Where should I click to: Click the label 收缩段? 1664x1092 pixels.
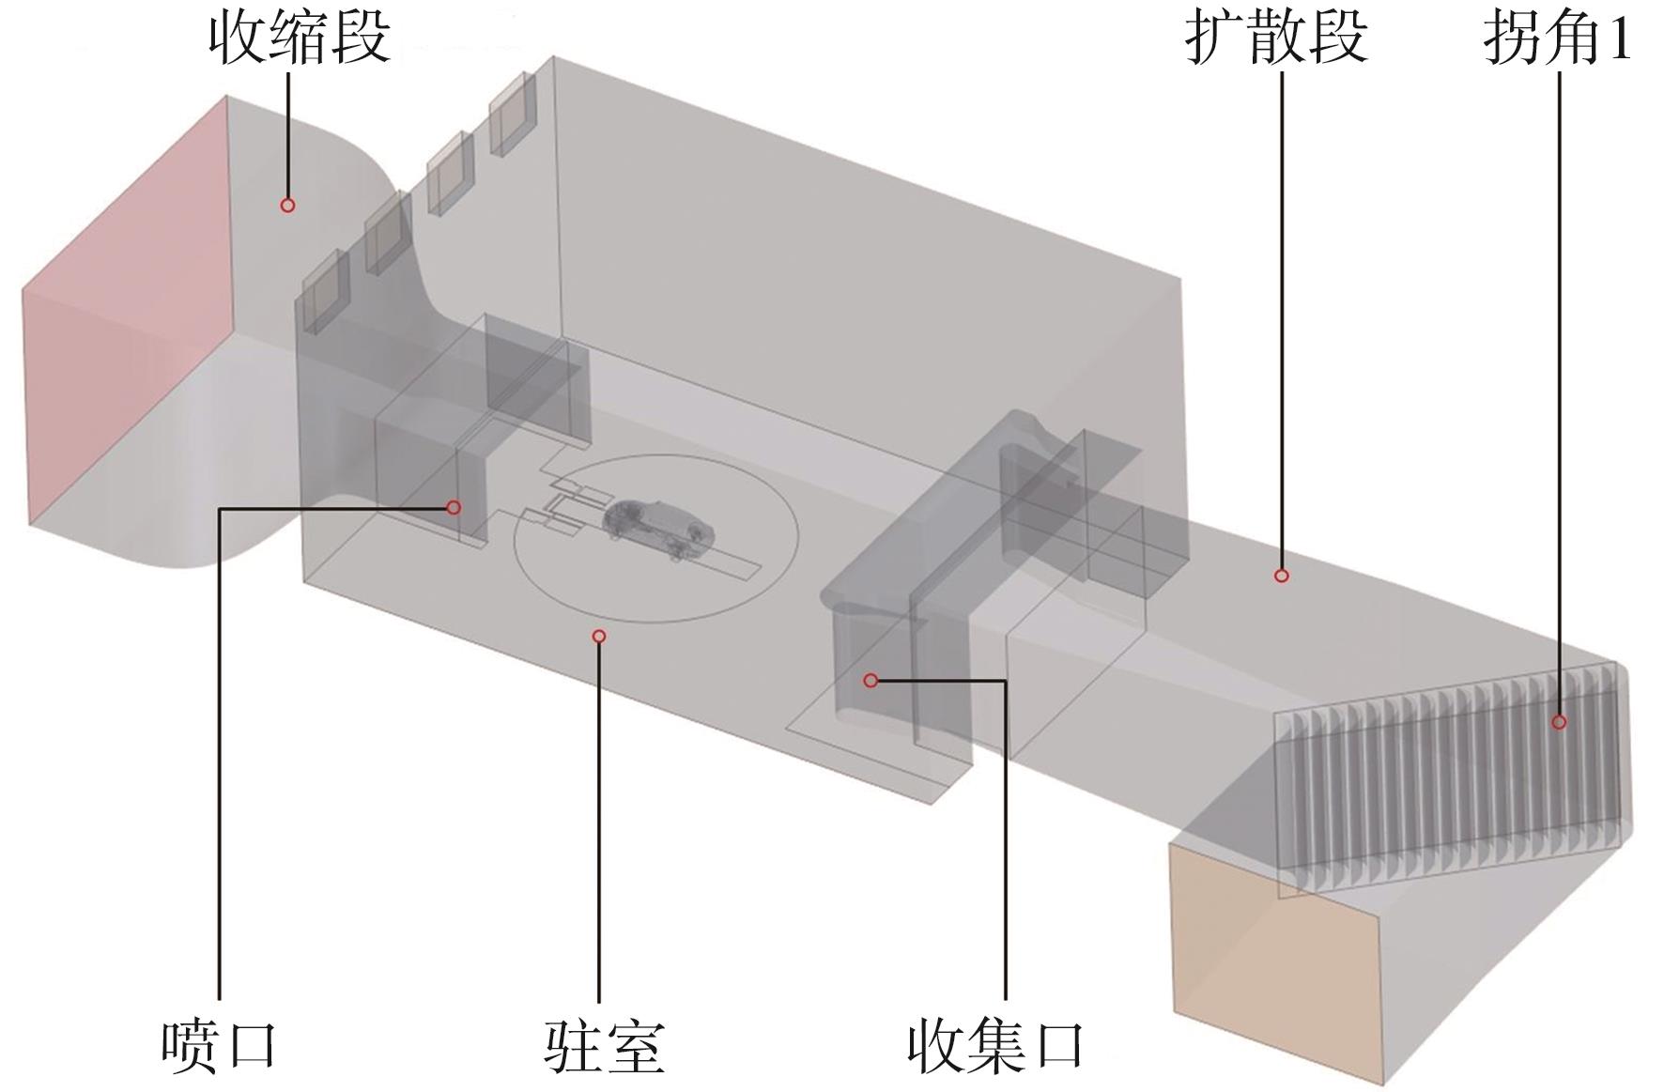[x=299, y=39]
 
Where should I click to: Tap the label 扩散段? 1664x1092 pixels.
[x=1276, y=39]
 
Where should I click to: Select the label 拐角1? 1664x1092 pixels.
[x=1557, y=39]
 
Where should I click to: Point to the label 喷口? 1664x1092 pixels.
[x=219, y=1046]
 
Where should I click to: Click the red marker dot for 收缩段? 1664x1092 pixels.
[x=288, y=205]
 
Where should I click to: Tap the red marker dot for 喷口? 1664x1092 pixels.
[x=454, y=507]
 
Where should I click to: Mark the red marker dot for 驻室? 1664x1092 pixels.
[x=599, y=637]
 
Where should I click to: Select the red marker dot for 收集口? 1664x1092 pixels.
[x=871, y=680]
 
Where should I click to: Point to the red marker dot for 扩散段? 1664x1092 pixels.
[x=1281, y=576]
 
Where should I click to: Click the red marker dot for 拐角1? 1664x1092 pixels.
[x=1559, y=722]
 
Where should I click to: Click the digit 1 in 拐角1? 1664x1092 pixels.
[x=1620, y=39]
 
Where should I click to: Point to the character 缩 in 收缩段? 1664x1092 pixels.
[x=299, y=39]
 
